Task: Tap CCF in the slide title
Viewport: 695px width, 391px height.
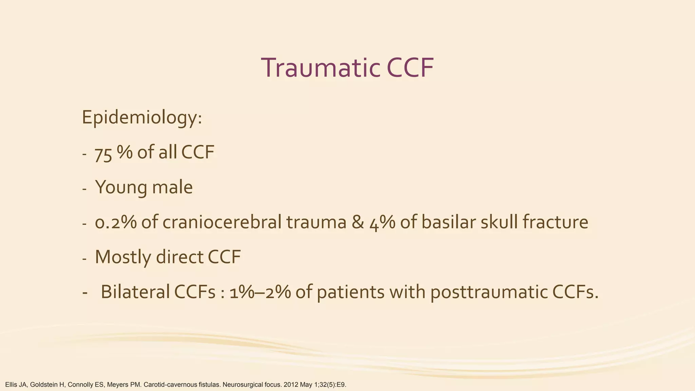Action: tap(410, 68)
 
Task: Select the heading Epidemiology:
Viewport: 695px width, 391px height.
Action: tap(142, 118)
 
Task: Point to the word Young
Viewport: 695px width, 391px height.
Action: tap(119, 187)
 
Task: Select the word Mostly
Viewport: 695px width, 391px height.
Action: tap(123, 257)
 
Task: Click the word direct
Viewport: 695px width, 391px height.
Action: tap(180, 257)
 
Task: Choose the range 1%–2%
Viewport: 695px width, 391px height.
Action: tap(260, 292)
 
